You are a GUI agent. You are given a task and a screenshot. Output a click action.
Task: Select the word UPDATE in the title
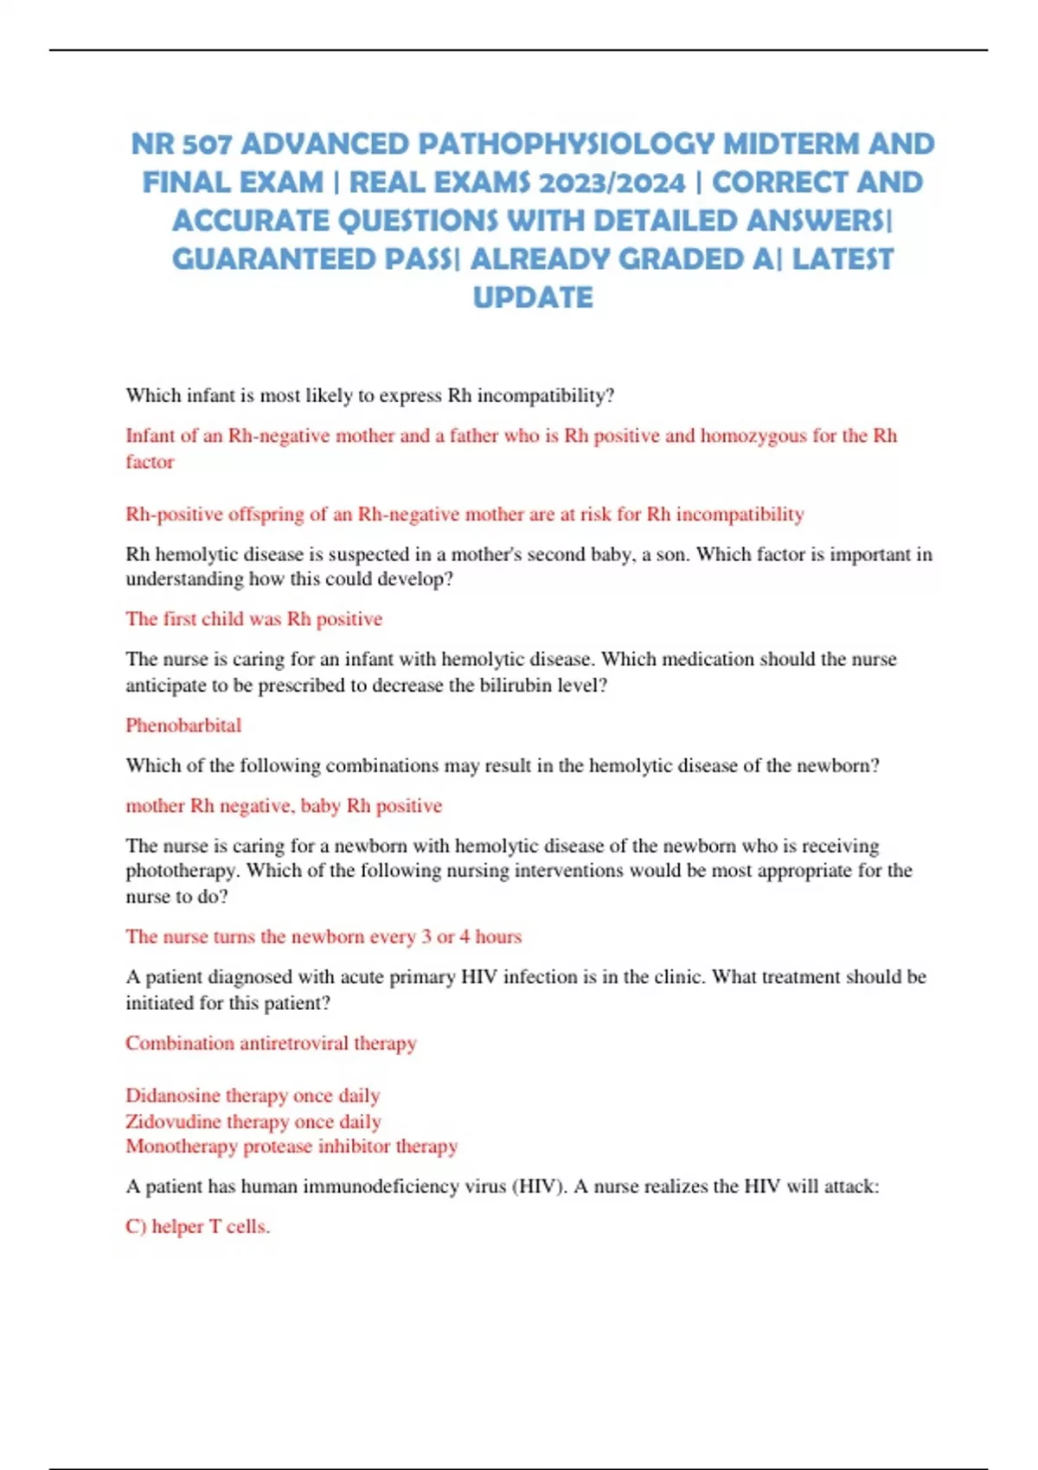click(533, 297)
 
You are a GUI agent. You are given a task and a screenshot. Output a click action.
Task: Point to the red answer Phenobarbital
click(183, 725)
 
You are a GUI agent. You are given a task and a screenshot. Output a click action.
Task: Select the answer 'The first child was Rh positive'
click(253, 619)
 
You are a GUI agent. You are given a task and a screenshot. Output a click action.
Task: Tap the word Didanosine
click(171, 1096)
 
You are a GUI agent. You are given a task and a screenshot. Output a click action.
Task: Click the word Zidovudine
click(172, 1122)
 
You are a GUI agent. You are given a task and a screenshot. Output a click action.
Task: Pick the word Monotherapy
click(181, 1147)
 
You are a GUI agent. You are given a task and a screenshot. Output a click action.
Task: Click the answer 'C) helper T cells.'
click(197, 1226)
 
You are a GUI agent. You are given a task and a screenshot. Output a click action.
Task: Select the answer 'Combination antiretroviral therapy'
click(271, 1043)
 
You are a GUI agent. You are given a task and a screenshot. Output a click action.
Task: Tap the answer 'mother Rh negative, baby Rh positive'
click(284, 806)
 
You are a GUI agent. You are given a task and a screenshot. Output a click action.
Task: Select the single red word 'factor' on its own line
click(150, 462)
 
